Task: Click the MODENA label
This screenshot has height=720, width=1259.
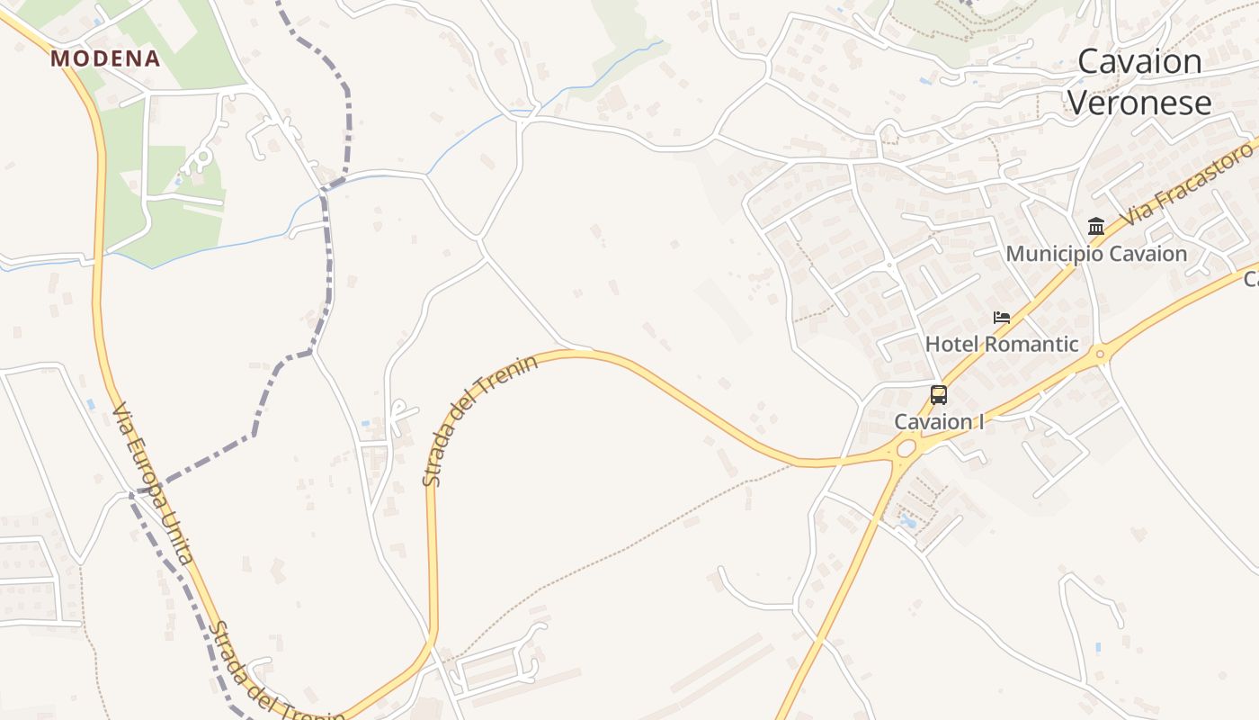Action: click(105, 59)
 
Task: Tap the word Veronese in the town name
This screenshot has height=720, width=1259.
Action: click(1139, 103)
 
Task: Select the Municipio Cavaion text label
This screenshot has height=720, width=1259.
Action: click(1096, 254)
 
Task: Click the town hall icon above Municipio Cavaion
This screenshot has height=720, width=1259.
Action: click(1095, 226)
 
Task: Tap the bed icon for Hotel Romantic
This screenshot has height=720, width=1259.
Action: click(1002, 317)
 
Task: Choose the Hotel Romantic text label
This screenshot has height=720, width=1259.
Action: click(1002, 344)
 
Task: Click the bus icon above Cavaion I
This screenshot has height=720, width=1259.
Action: click(938, 394)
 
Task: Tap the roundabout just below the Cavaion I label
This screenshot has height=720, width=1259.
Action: click(905, 447)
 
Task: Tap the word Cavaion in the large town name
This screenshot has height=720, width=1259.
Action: click(1139, 61)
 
